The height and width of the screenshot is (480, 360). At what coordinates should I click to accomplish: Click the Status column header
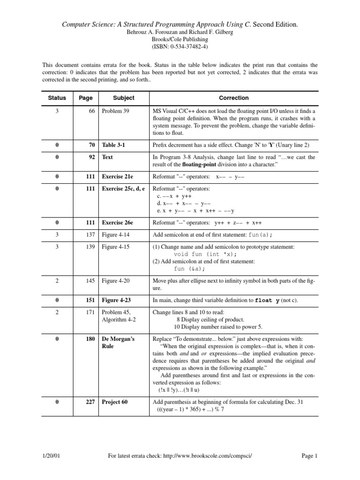coord(57,98)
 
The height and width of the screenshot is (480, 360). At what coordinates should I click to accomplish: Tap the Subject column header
coord(124,98)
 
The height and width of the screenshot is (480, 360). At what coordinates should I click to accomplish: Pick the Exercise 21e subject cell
coord(119,178)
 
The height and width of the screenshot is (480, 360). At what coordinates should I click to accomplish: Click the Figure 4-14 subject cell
coord(117,234)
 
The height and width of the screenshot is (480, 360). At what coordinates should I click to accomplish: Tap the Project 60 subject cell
coord(115,402)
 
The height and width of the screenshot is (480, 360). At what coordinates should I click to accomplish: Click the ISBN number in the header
coord(180,47)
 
